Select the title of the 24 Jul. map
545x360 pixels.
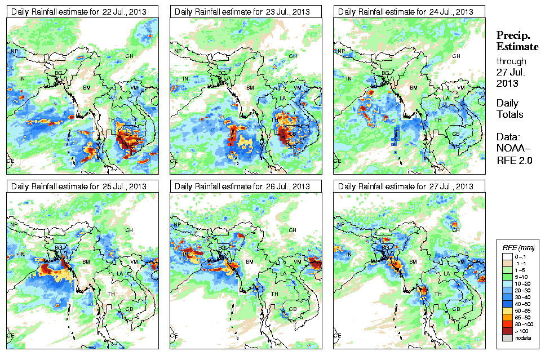(405, 12)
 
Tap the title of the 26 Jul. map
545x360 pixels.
(242, 186)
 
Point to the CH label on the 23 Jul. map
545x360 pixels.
(293, 56)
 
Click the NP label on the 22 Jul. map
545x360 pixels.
(15, 51)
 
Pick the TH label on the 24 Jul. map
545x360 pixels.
(437, 120)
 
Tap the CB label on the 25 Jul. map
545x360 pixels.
(129, 309)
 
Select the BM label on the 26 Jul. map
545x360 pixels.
(250, 262)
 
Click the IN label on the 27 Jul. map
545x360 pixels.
(349, 254)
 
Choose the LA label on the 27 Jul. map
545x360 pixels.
(446, 274)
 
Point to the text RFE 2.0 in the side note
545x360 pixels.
(511, 160)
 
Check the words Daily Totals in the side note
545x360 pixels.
(509, 109)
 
